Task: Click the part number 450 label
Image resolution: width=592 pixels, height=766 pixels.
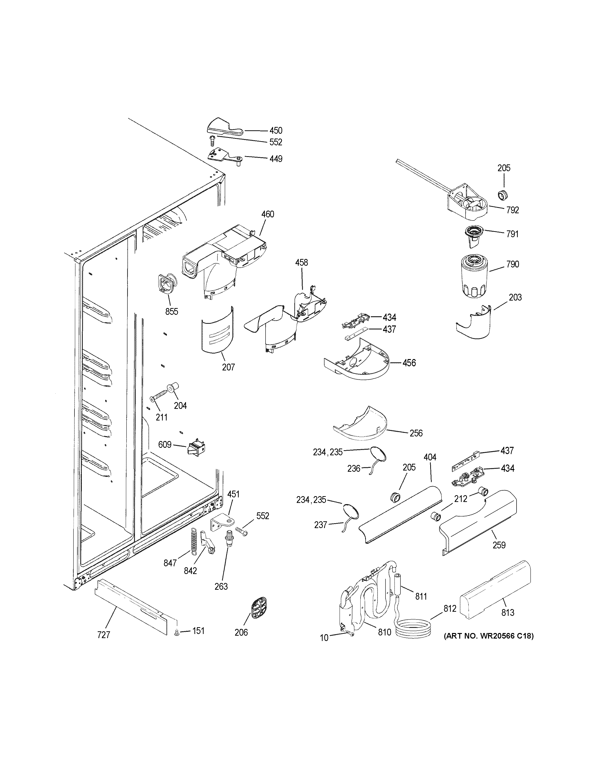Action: pyautogui.click(x=276, y=131)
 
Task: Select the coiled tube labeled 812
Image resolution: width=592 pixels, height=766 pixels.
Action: pyautogui.click(x=413, y=630)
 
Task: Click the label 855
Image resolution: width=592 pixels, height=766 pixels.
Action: pyautogui.click(x=171, y=311)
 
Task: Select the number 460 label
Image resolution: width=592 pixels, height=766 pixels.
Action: pyautogui.click(x=268, y=214)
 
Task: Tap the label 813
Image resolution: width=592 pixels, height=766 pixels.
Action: pyautogui.click(x=507, y=612)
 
